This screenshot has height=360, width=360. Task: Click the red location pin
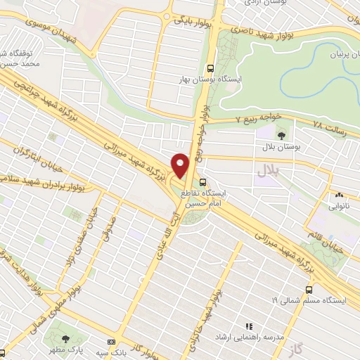pos(180,166)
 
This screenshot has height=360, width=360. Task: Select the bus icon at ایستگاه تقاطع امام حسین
pos(203,182)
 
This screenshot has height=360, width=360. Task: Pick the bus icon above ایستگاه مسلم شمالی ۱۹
pos(309,290)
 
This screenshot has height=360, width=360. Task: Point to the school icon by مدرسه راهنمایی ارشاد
pos(247,326)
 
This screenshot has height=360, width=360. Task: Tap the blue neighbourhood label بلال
pos(267,169)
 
